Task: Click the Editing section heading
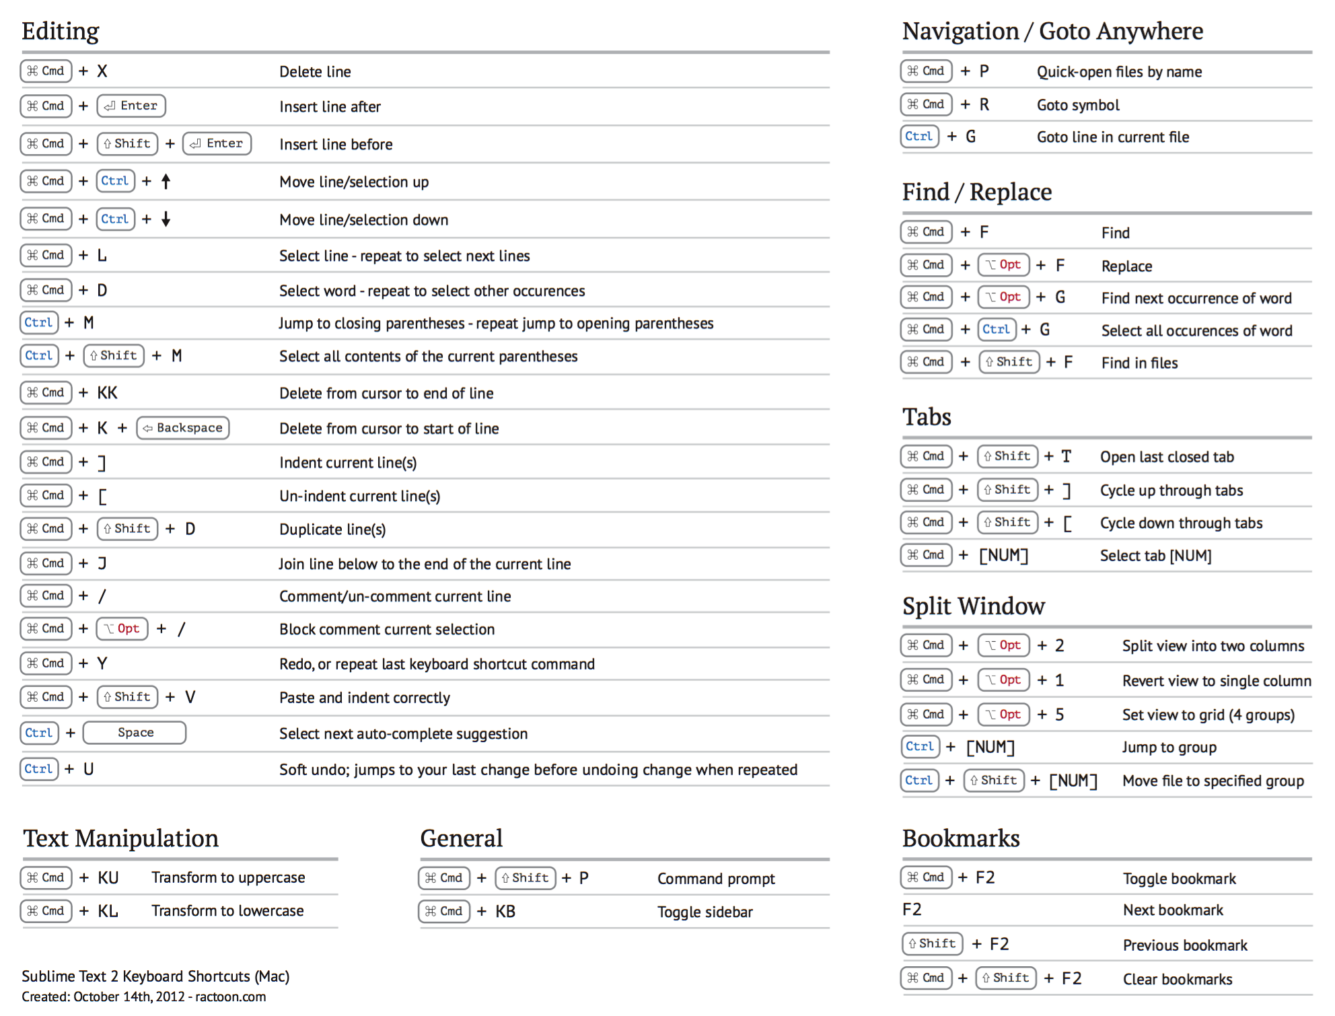pos(61,32)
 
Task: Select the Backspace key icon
pos(183,428)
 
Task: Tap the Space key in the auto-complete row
pos(135,733)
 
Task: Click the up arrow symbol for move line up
pos(166,181)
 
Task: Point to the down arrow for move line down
pos(166,219)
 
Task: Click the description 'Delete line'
pos(315,72)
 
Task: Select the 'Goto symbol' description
pos(1078,105)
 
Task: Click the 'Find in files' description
pos(1139,363)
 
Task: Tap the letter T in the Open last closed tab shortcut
pos(1067,457)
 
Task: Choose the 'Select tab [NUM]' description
pos(1155,556)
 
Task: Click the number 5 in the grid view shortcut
pos(1060,715)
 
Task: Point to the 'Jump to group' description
pos(1169,748)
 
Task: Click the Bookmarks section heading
pos(961,838)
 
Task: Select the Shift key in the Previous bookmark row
pos(933,944)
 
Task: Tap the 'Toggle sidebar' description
pos(705,912)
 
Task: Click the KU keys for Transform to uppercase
pos(108,878)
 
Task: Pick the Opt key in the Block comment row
pos(122,629)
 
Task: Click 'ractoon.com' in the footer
pos(230,997)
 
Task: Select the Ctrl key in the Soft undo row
pos(39,769)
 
